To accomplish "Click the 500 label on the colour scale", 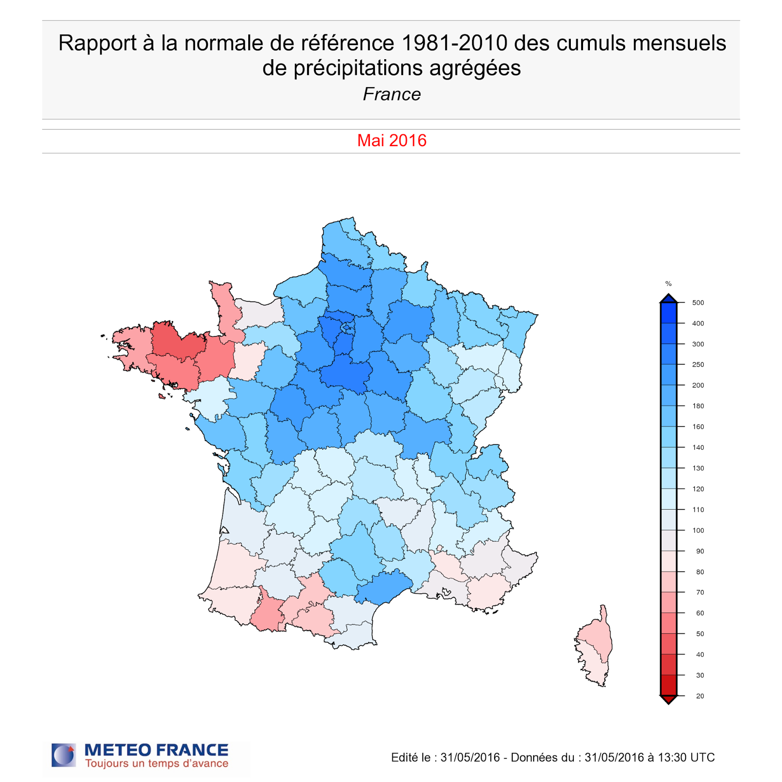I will point(698,303).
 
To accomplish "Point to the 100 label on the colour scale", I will point(698,530).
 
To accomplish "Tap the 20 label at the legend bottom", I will point(700,696).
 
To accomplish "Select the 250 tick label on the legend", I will point(698,365).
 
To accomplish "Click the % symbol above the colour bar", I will point(668,283).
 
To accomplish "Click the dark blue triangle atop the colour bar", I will point(668,299).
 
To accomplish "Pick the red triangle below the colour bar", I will point(668,699).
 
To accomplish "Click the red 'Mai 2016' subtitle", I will point(391,141).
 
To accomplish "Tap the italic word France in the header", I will point(391,94).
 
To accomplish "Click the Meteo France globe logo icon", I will point(64,755).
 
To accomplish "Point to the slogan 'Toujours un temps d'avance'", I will point(156,764).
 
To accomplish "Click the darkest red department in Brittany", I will point(177,340).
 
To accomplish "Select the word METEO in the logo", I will point(117,750).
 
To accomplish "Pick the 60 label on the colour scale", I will point(700,613).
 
